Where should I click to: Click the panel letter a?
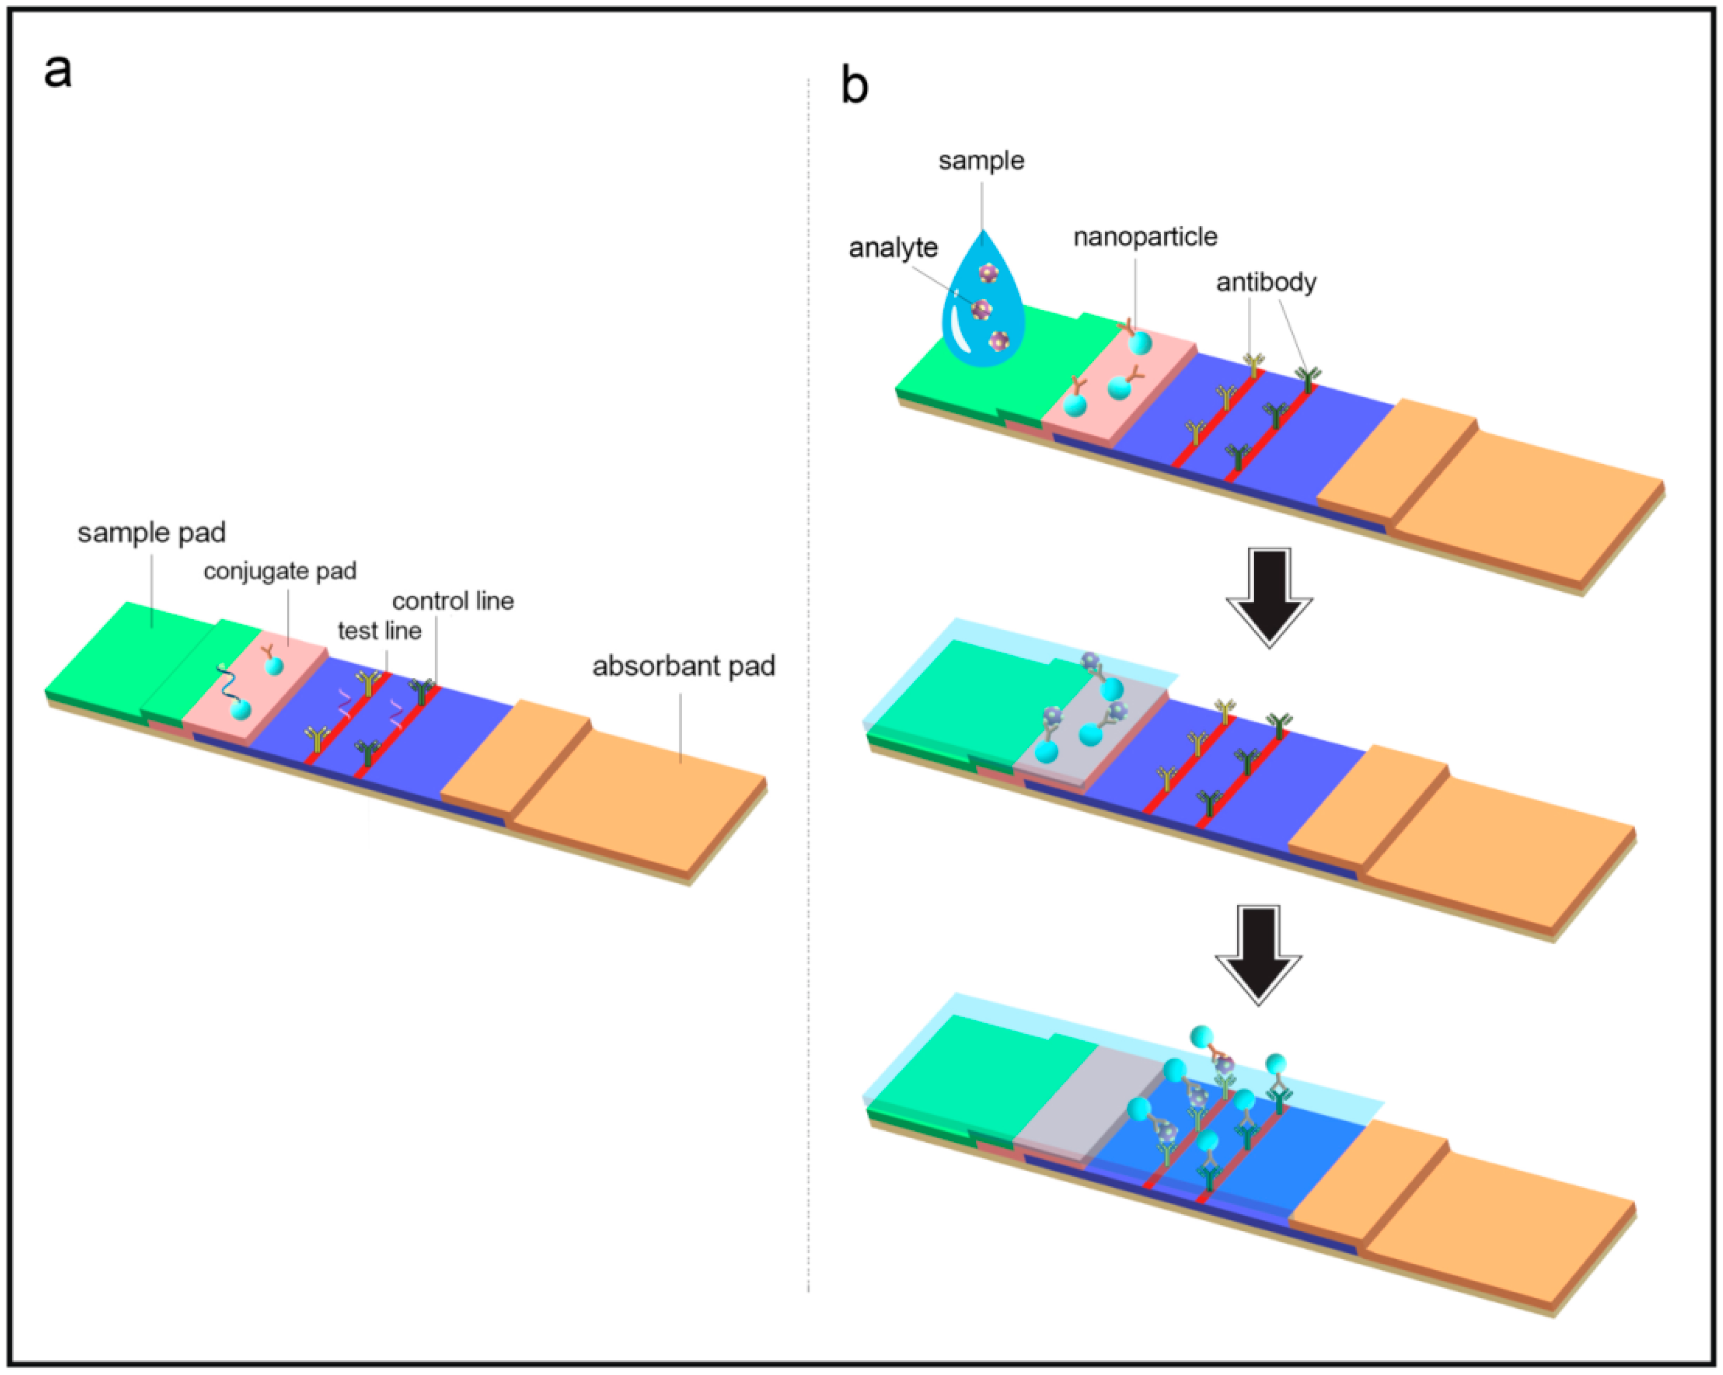(x=58, y=72)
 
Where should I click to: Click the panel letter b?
(x=854, y=86)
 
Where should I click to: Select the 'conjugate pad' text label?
(x=279, y=571)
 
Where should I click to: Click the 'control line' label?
(x=452, y=601)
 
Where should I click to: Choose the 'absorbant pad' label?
(x=683, y=666)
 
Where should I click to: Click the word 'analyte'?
(x=893, y=248)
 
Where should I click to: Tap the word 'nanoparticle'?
(x=1145, y=237)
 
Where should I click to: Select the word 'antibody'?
(x=1266, y=282)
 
